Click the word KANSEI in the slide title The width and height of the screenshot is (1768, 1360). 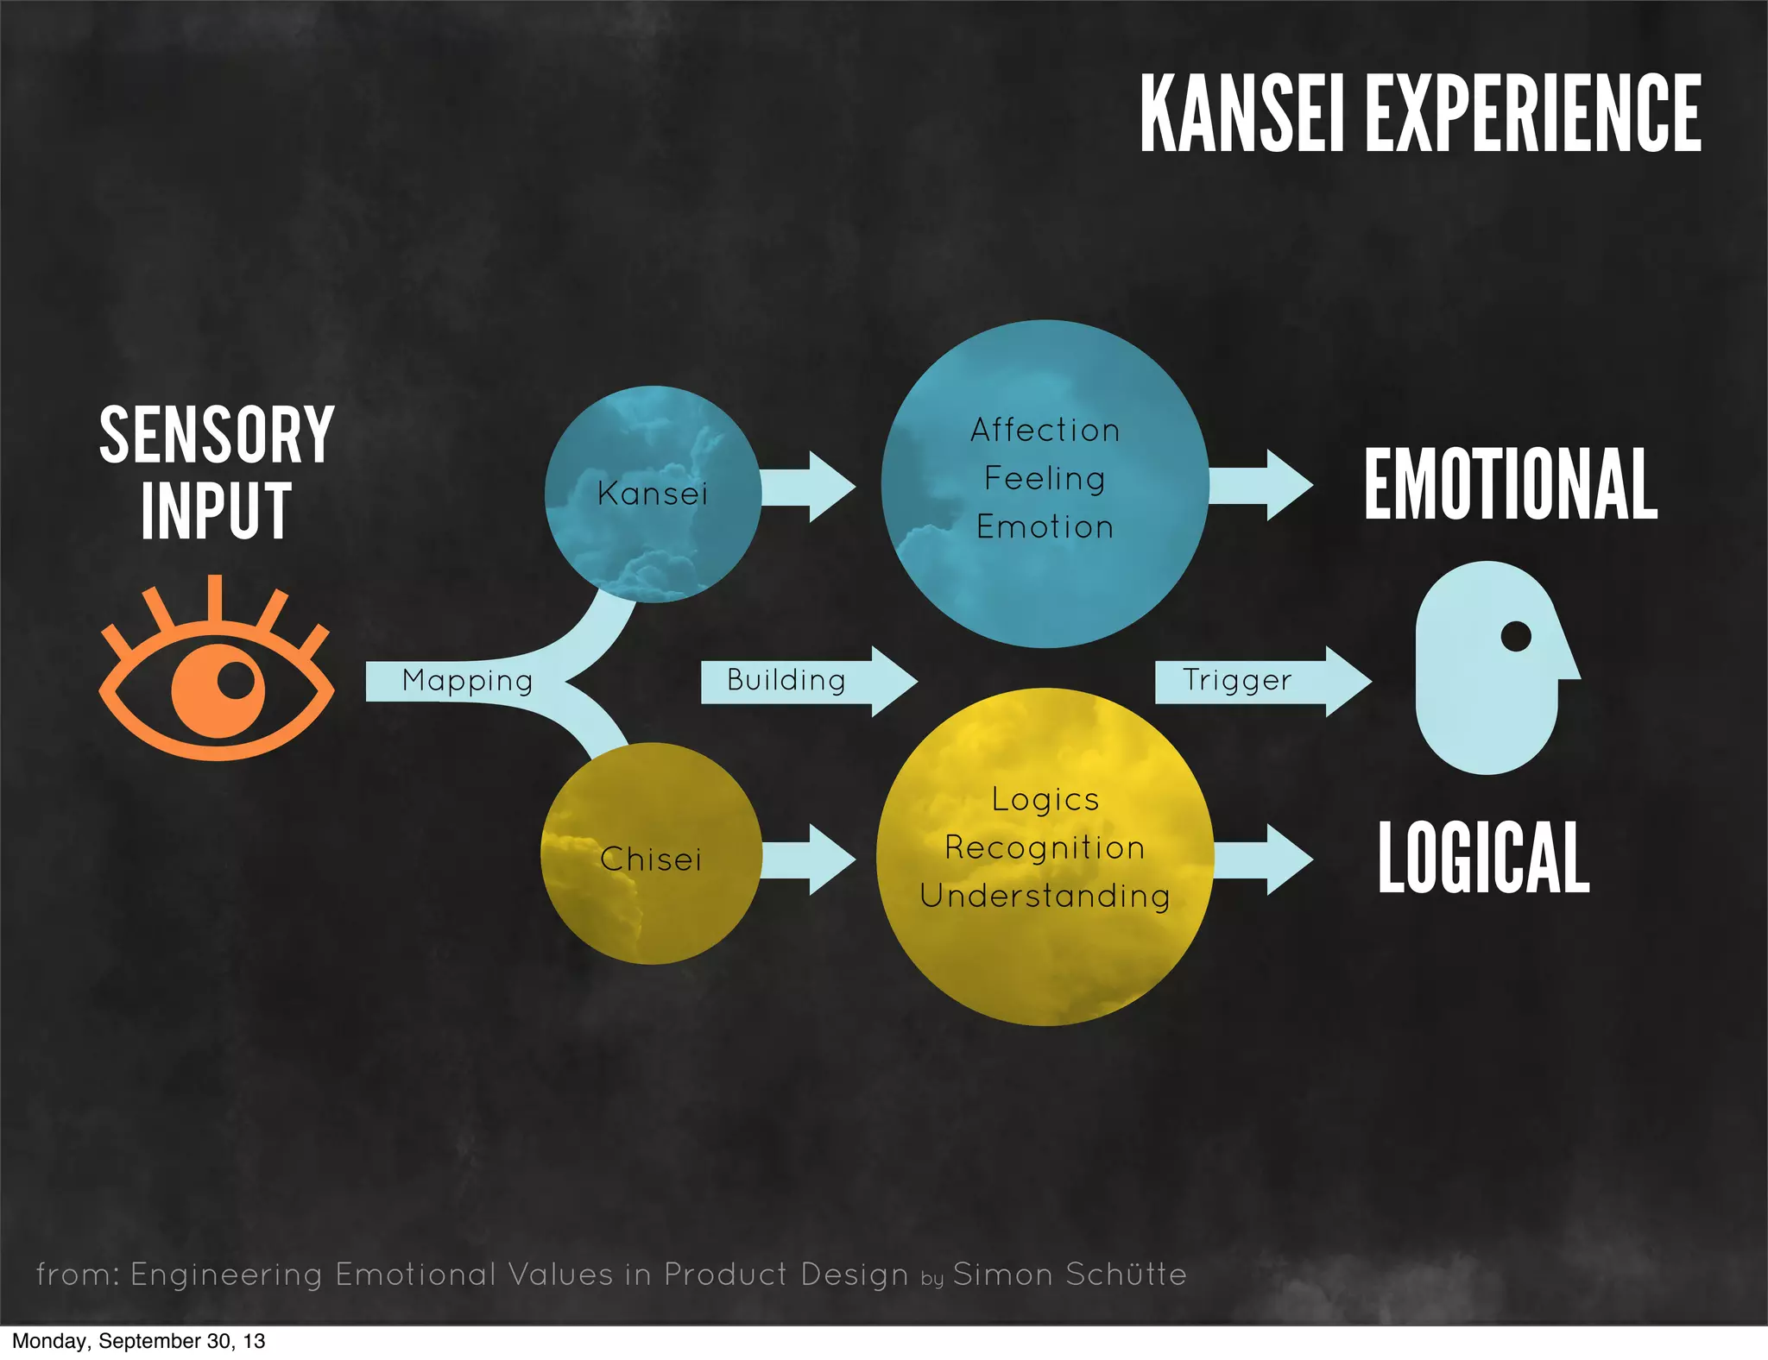[1241, 113]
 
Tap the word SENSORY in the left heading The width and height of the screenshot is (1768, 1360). [217, 436]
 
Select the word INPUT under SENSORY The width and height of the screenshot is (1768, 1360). [216, 511]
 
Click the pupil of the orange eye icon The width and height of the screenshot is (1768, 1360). [235, 680]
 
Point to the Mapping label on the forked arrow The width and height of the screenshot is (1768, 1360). [467, 681]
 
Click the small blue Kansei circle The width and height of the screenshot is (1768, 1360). [653, 494]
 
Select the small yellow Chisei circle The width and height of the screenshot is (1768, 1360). [651, 854]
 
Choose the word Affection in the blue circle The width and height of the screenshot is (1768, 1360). [1045, 430]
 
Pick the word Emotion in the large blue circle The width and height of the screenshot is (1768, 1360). [1045, 526]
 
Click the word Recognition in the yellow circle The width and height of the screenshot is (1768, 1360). [1045, 847]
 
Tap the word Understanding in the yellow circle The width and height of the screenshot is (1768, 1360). [1045, 896]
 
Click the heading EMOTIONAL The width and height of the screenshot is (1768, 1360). [1511, 485]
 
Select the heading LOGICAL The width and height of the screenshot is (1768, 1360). [1483, 858]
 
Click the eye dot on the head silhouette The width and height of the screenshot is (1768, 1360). [1516, 637]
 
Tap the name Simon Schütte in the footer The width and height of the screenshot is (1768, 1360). [1070, 1275]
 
